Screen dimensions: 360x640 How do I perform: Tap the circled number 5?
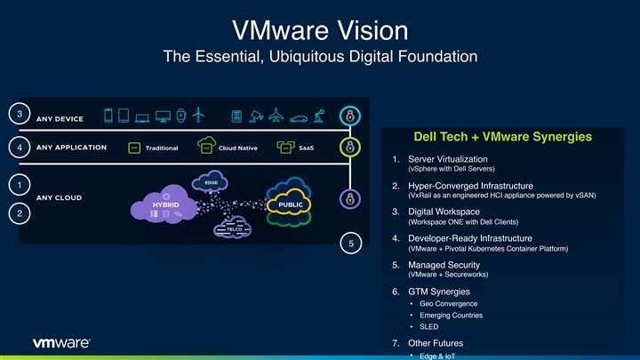click(351, 244)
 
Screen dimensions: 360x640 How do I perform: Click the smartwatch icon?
click(180, 116)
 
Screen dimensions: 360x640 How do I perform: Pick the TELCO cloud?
click(234, 229)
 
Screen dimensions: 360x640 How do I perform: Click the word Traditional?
click(161, 148)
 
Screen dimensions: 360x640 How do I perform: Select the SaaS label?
click(306, 148)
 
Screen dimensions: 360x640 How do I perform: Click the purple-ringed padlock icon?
click(351, 197)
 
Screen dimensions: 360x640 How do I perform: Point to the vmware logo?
click(61, 342)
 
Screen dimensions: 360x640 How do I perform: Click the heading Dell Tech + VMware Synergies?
click(492, 137)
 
